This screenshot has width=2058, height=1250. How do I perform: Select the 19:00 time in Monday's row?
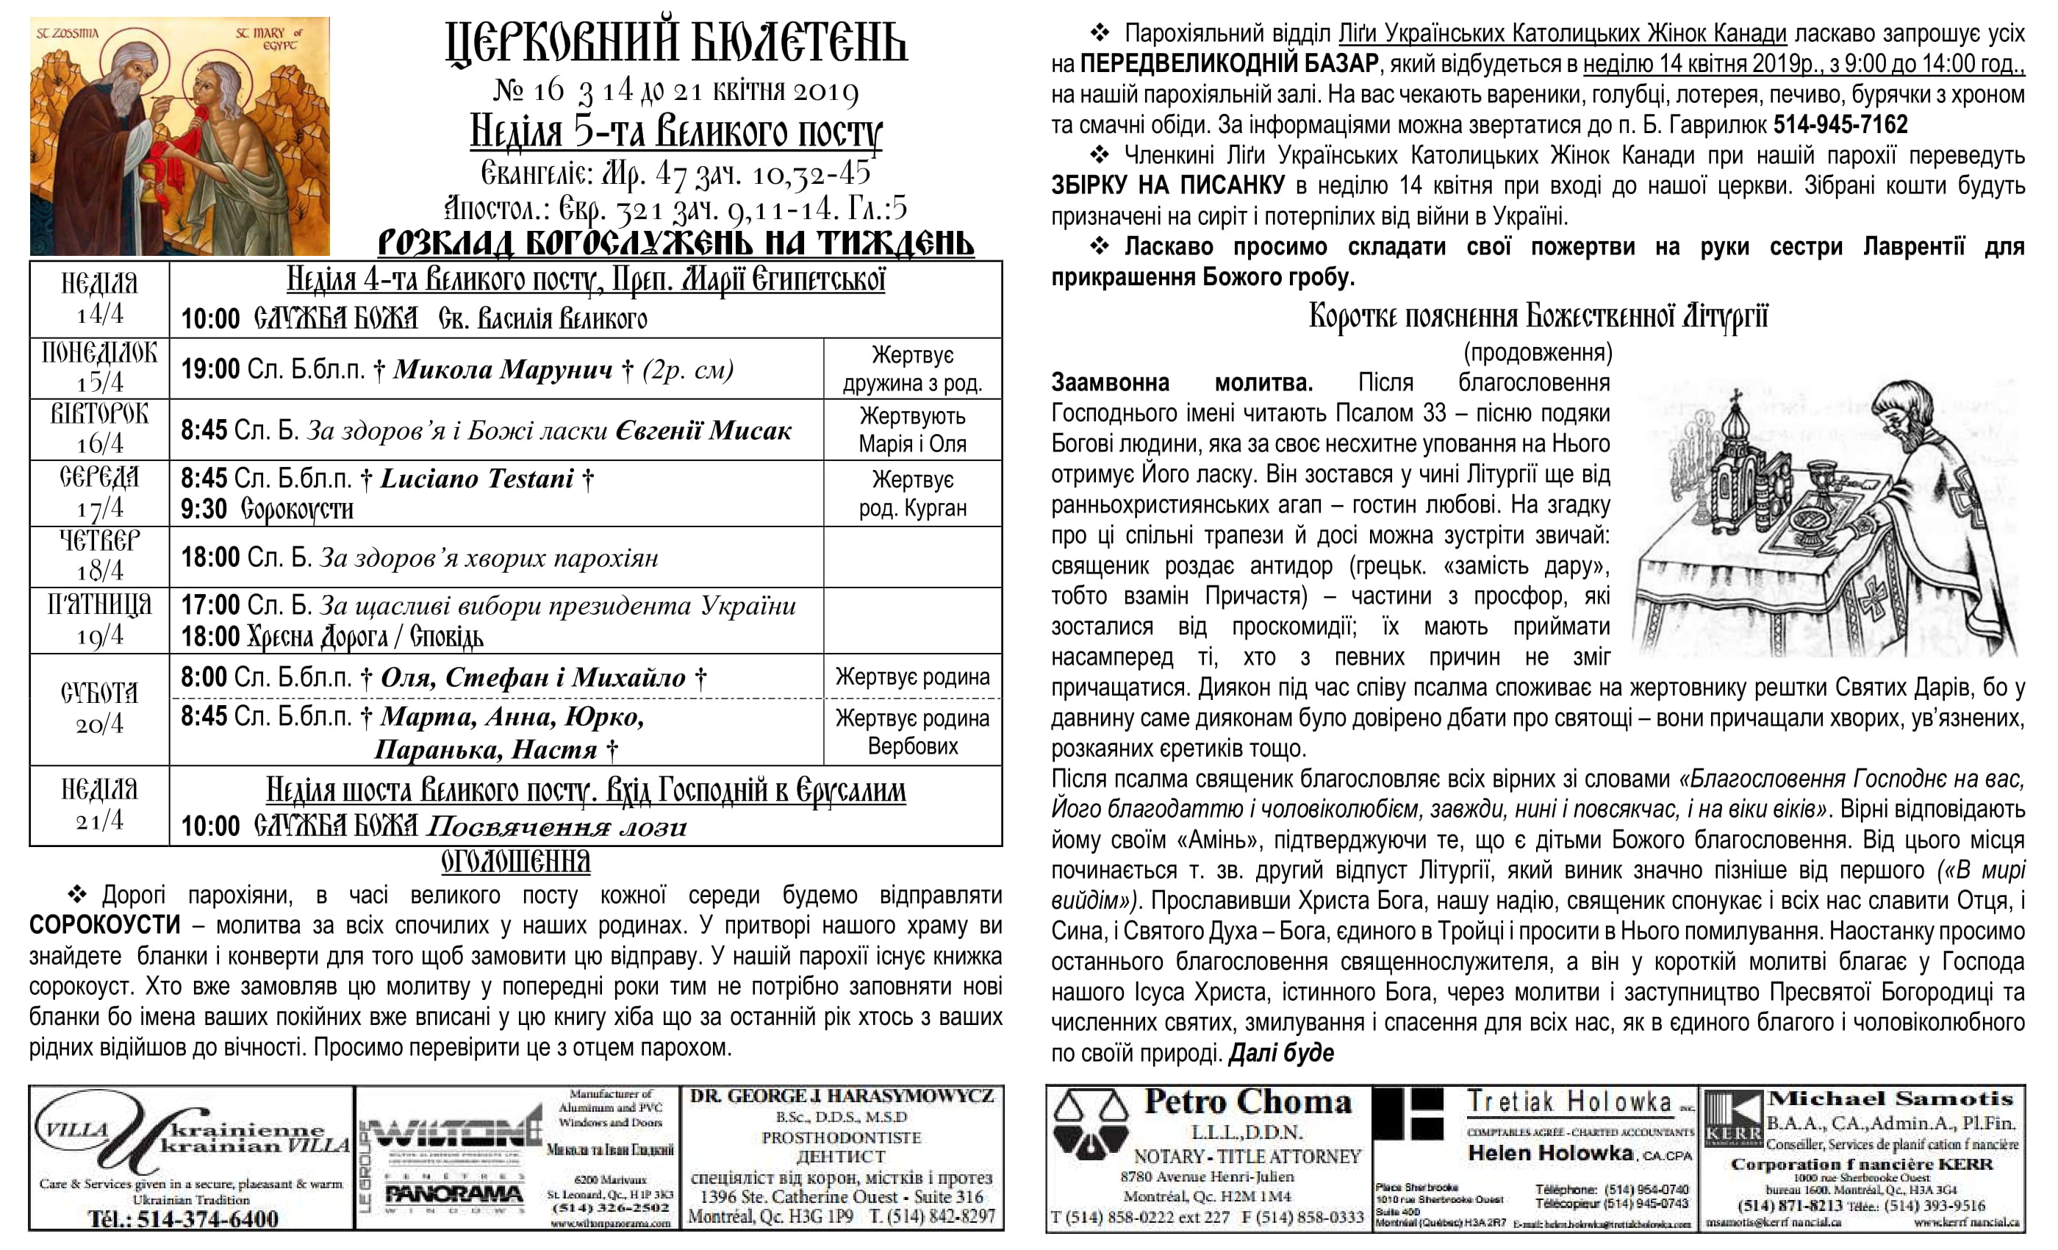(x=210, y=368)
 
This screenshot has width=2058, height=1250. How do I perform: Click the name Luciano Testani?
(x=476, y=478)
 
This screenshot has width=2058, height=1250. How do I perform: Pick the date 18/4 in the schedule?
(x=99, y=571)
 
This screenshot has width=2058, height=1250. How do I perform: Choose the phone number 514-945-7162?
(x=1840, y=125)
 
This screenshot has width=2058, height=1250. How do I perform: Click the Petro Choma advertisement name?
(x=1247, y=1102)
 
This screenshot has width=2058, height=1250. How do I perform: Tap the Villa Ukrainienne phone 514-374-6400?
(x=183, y=1218)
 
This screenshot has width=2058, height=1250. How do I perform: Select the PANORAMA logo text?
(x=453, y=1195)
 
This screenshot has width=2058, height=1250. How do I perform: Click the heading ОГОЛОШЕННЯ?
(x=515, y=862)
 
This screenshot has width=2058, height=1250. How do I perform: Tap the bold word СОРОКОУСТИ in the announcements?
(x=104, y=925)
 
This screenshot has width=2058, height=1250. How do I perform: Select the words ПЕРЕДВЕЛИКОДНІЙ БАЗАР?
(x=1229, y=63)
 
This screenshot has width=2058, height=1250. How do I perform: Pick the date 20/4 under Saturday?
(x=99, y=724)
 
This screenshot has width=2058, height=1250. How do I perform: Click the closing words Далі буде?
(x=1280, y=1053)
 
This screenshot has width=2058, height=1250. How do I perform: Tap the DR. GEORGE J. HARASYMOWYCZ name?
(x=842, y=1096)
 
